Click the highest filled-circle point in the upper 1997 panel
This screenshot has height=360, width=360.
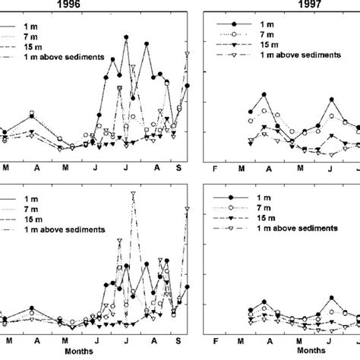(264, 94)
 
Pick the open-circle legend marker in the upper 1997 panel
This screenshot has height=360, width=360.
(235, 34)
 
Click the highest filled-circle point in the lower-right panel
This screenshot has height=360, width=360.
(332, 298)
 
